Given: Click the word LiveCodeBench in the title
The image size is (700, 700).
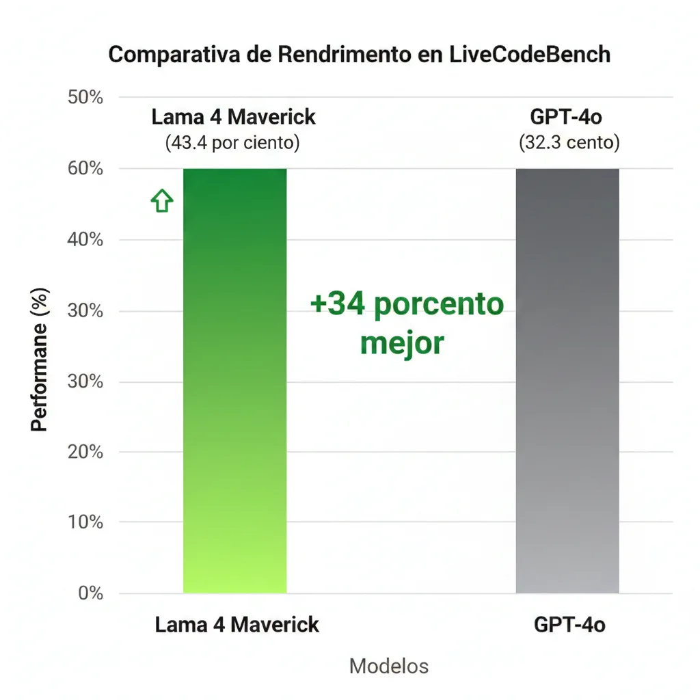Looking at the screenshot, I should click(x=530, y=55).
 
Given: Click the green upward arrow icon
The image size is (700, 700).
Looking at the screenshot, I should click(x=162, y=201).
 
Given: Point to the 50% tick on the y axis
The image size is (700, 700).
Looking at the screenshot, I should click(x=86, y=98).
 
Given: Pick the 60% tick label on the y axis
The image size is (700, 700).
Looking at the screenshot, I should click(x=86, y=169).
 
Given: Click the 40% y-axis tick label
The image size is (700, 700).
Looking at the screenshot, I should click(x=86, y=240).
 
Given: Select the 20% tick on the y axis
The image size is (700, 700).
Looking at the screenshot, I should click(x=86, y=452).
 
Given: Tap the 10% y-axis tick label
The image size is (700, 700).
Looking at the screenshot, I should click(x=86, y=522).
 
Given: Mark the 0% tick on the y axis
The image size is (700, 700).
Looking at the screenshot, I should click(x=90, y=593).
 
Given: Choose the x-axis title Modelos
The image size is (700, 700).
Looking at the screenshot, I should click(x=389, y=666).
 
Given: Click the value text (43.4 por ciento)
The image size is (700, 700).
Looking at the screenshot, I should click(x=232, y=143).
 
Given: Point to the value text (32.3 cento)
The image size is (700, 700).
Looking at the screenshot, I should click(x=569, y=143).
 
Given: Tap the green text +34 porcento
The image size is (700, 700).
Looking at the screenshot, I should click(x=407, y=304).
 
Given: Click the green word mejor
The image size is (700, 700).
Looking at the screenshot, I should click(x=402, y=343).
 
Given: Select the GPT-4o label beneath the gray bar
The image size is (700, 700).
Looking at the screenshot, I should click(x=569, y=624).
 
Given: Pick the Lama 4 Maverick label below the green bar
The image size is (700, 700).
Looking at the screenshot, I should click(x=237, y=624).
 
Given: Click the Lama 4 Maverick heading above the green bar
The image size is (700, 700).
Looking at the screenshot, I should click(x=233, y=117).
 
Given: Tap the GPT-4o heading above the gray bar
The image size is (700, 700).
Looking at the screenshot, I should click(x=566, y=117).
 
